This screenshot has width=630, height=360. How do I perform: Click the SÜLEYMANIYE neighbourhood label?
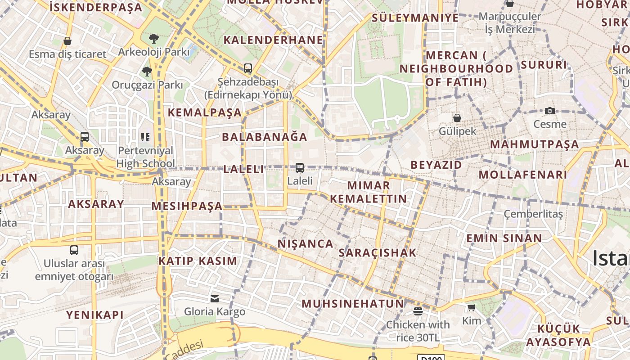[x=415, y=18]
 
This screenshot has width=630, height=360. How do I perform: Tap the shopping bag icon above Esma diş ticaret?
[x=67, y=41]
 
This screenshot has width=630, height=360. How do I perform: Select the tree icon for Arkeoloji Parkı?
[x=154, y=39]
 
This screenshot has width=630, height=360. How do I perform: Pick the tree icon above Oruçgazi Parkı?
[x=147, y=72]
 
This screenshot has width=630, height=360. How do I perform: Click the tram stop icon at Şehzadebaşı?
[x=247, y=69]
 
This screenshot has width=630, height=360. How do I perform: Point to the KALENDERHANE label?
[x=273, y=40]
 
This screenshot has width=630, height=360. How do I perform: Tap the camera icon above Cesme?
[x=549, y=111]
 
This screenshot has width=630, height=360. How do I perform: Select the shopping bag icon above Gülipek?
[x=457, y=118]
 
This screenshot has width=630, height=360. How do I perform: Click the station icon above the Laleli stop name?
[x=300, y=168]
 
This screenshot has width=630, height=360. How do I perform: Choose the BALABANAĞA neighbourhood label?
[x=265, y=137]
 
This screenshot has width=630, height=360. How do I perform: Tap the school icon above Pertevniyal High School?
[x=145, y=137]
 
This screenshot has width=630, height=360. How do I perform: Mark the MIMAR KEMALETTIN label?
[x=369, y=192]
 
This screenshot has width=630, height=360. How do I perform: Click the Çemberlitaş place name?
[x=533, y=214]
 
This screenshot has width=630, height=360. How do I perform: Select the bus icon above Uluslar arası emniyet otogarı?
[x=74, y=250]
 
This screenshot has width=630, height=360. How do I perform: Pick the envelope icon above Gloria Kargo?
[x=215, y=298]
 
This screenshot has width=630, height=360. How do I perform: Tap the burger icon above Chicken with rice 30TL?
[x=418, y=311]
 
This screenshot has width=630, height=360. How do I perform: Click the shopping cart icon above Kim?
[x=471, y=308]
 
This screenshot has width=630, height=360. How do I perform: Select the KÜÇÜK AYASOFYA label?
[x=558, y=335]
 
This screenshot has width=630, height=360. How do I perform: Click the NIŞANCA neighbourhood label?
[x=306, y=244]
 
